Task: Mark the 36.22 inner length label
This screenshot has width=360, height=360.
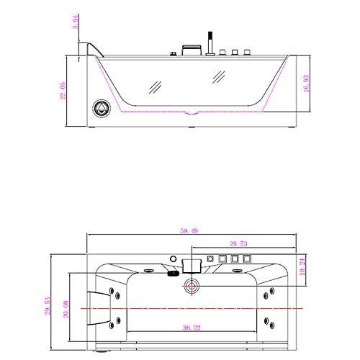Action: [x=192, y=329]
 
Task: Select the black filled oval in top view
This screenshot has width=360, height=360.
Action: [x=173, y=273]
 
